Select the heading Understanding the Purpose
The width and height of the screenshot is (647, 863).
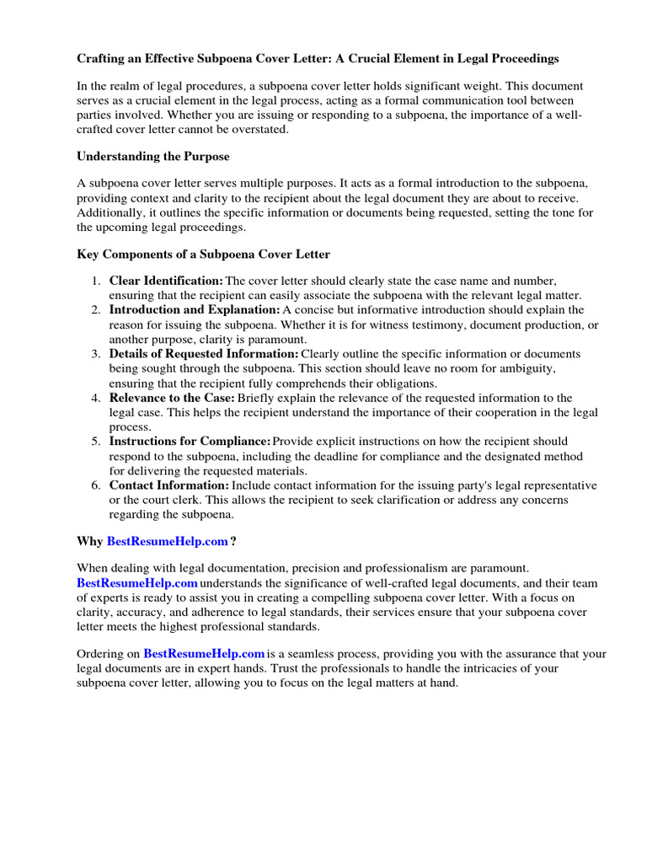(152, 156)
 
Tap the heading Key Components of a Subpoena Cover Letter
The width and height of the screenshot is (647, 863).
(203, 254)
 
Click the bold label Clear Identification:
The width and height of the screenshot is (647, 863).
(166, 280)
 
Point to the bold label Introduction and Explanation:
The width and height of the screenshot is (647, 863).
(195, 309)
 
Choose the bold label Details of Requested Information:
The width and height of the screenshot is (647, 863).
(204, 353)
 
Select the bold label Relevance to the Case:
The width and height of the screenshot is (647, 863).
(172, 397)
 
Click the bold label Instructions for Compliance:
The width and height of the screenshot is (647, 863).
(190, 441)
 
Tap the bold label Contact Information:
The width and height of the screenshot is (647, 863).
(168, 485)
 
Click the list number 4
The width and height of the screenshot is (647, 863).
(96, 397)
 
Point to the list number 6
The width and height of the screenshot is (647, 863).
(96, 485)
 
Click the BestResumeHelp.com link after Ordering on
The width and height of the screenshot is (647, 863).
(204, 654)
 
